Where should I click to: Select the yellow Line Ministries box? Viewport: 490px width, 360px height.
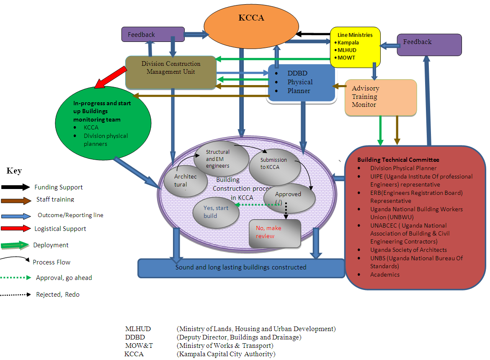[355, 47]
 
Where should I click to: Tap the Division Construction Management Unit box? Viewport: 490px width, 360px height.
[171, 72]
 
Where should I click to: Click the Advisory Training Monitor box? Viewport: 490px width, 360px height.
[381, 98]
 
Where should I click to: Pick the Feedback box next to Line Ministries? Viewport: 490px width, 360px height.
[429, 44]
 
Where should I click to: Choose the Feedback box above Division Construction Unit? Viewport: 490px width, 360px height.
[153, 34]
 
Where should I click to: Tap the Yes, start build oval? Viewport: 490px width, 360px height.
[216, 212]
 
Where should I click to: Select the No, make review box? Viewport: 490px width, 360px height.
[275, 233]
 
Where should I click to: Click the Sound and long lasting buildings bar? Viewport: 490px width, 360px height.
[241, 267]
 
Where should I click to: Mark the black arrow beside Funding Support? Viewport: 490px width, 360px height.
[16, 187]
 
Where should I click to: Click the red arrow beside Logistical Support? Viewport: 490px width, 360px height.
[16, 228]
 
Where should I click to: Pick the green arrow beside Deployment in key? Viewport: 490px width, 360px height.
[16, 245]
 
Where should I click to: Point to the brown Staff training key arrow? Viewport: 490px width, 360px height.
[16, 201]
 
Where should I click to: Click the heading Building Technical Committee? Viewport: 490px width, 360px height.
[398, 160]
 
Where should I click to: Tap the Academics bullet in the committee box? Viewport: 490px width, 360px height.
[385, 275]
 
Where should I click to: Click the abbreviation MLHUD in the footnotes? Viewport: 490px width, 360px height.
[138, 329]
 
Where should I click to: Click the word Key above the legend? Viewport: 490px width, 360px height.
[14, 171]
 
